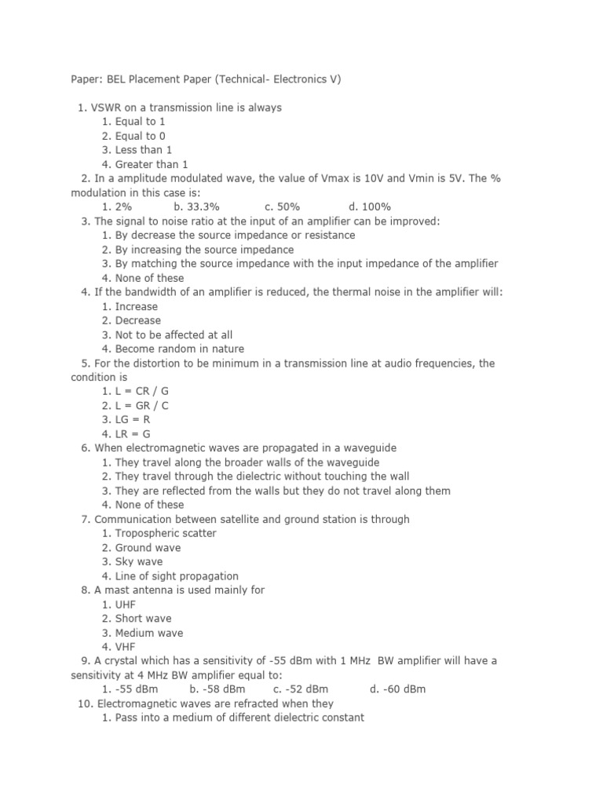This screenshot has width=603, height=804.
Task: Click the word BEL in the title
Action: pyautogui.click(x=114, y=79)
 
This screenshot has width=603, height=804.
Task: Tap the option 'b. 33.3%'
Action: pyautogui.click(x=196, y=207)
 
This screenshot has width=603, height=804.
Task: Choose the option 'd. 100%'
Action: pyautogui.click(x=370, y=207)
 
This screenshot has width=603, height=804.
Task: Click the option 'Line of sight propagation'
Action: pyautogui.click(x=177, y=576)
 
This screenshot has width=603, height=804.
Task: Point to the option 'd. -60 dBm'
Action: pyautogui.click(x=397, y=689)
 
